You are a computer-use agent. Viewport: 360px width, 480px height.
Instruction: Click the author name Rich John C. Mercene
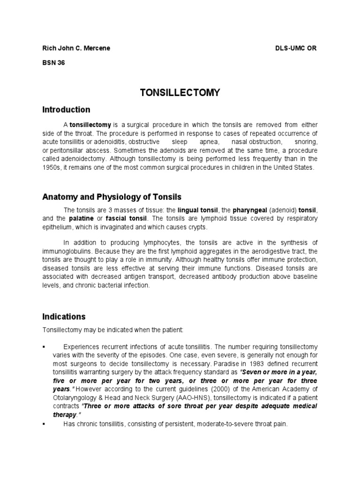point(76,49)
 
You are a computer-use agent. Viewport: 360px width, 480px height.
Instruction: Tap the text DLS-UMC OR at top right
point(296,49)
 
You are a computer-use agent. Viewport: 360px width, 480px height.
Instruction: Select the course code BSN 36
point(53,64)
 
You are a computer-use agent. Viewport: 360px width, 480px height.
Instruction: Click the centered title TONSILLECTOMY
point(180,93)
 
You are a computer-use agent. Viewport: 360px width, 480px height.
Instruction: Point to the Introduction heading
point(66,110)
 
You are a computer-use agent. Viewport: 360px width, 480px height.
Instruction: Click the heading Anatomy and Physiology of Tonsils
point(112,196)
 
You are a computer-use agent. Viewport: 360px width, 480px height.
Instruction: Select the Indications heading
point(64,316)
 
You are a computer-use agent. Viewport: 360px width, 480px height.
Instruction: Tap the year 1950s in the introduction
point(52,167)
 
